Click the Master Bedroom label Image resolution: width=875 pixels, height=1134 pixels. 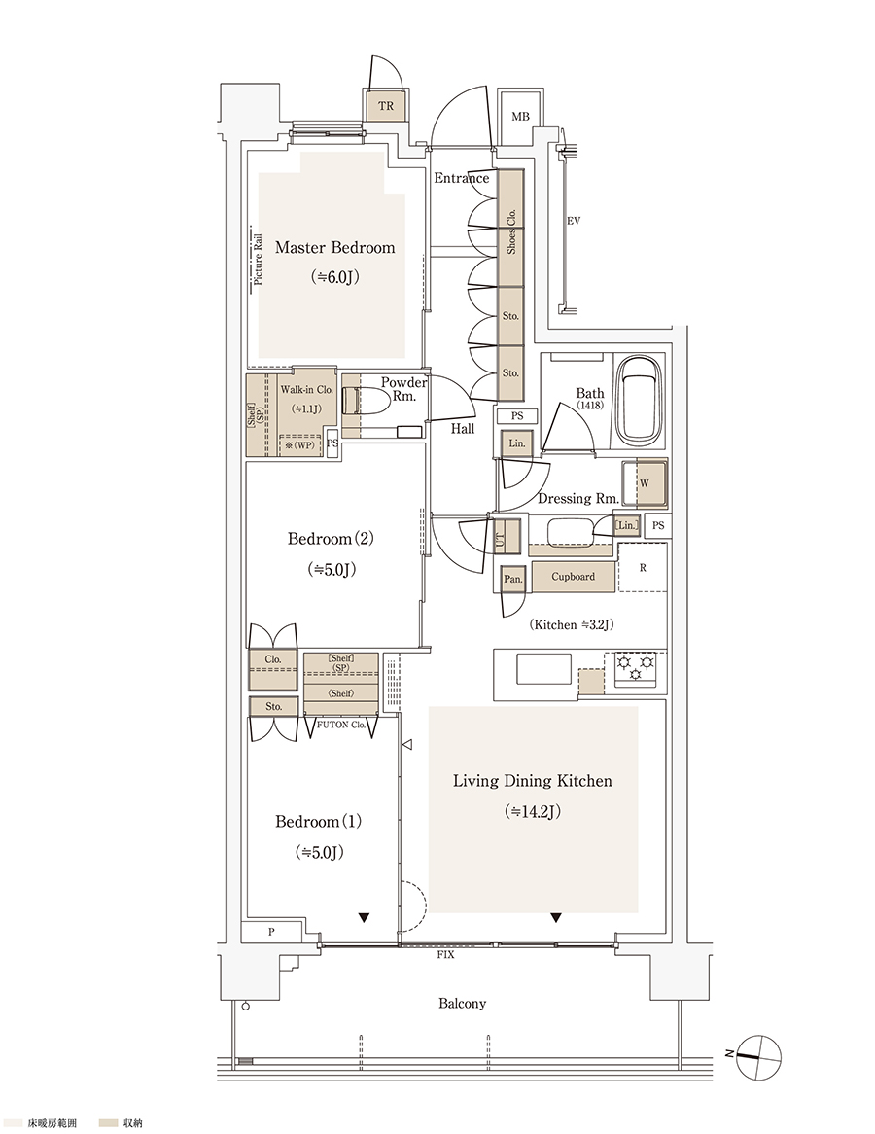pyautogui.click(x=334, y=247)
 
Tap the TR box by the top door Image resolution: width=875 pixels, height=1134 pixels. pyautogui.click(x=386, y=106)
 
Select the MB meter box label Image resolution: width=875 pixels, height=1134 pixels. pyautogui.click(x=520, y=117)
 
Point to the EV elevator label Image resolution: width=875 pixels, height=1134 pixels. pyautogui.click(x=574, y=221)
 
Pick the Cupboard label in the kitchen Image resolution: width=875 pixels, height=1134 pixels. pyautogui.click(x=573, y=577)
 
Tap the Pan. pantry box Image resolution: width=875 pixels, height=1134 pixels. pyautogui.click(x=512, y=579)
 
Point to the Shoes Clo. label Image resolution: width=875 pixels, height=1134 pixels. pyautogui.click(x=511, y=230)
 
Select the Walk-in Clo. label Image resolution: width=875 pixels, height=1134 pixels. pyautogui.click(x=306, y=390)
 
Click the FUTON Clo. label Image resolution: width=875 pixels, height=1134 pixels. pyautogui.click(x=342, y=724)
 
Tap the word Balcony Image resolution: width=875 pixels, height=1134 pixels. pyautogui.click(x=462, y=1003)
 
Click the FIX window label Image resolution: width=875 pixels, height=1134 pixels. pyautogui.click(x=445, y=955)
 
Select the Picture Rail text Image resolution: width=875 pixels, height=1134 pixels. pyautogui.click(x=259, y=258)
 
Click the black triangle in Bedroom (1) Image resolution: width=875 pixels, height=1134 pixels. pyautogui.click(x=364, y=918)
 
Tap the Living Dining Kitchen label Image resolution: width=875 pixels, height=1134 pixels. pyautogui.click(x=532, y=781)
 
